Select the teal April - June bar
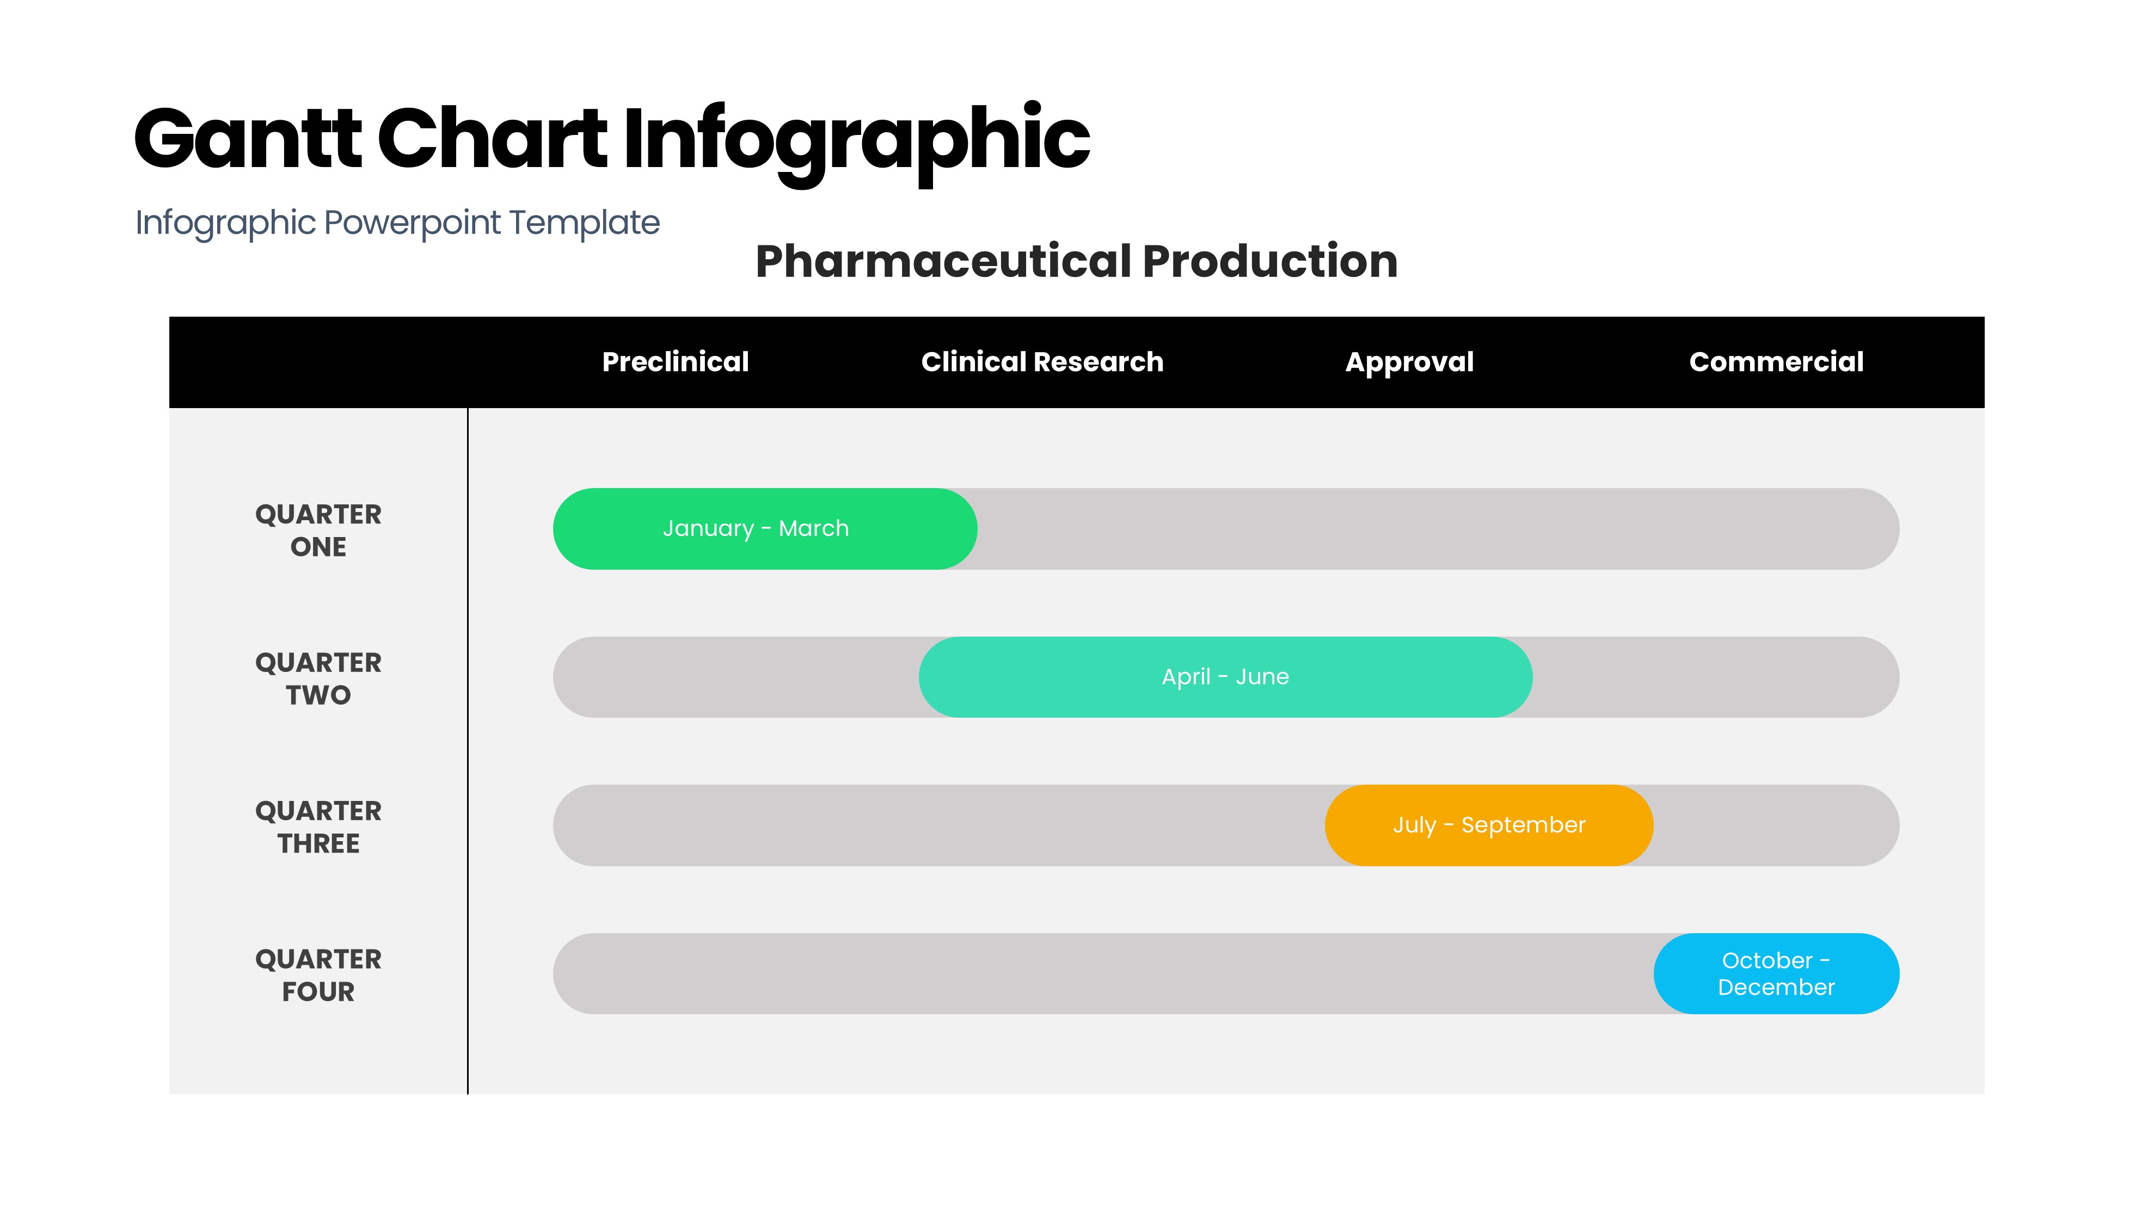click(x=1225, y=677)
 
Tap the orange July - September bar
click(x=1489, y=825)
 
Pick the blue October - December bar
click(x=1777, y=973)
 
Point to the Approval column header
click(x=1409, y=362)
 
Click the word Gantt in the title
click(x=248, y=138)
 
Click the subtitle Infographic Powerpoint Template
click(x=397, y=223)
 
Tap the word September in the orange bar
click(x=1523, y=826)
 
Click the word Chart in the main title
click(x=493, y=138)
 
